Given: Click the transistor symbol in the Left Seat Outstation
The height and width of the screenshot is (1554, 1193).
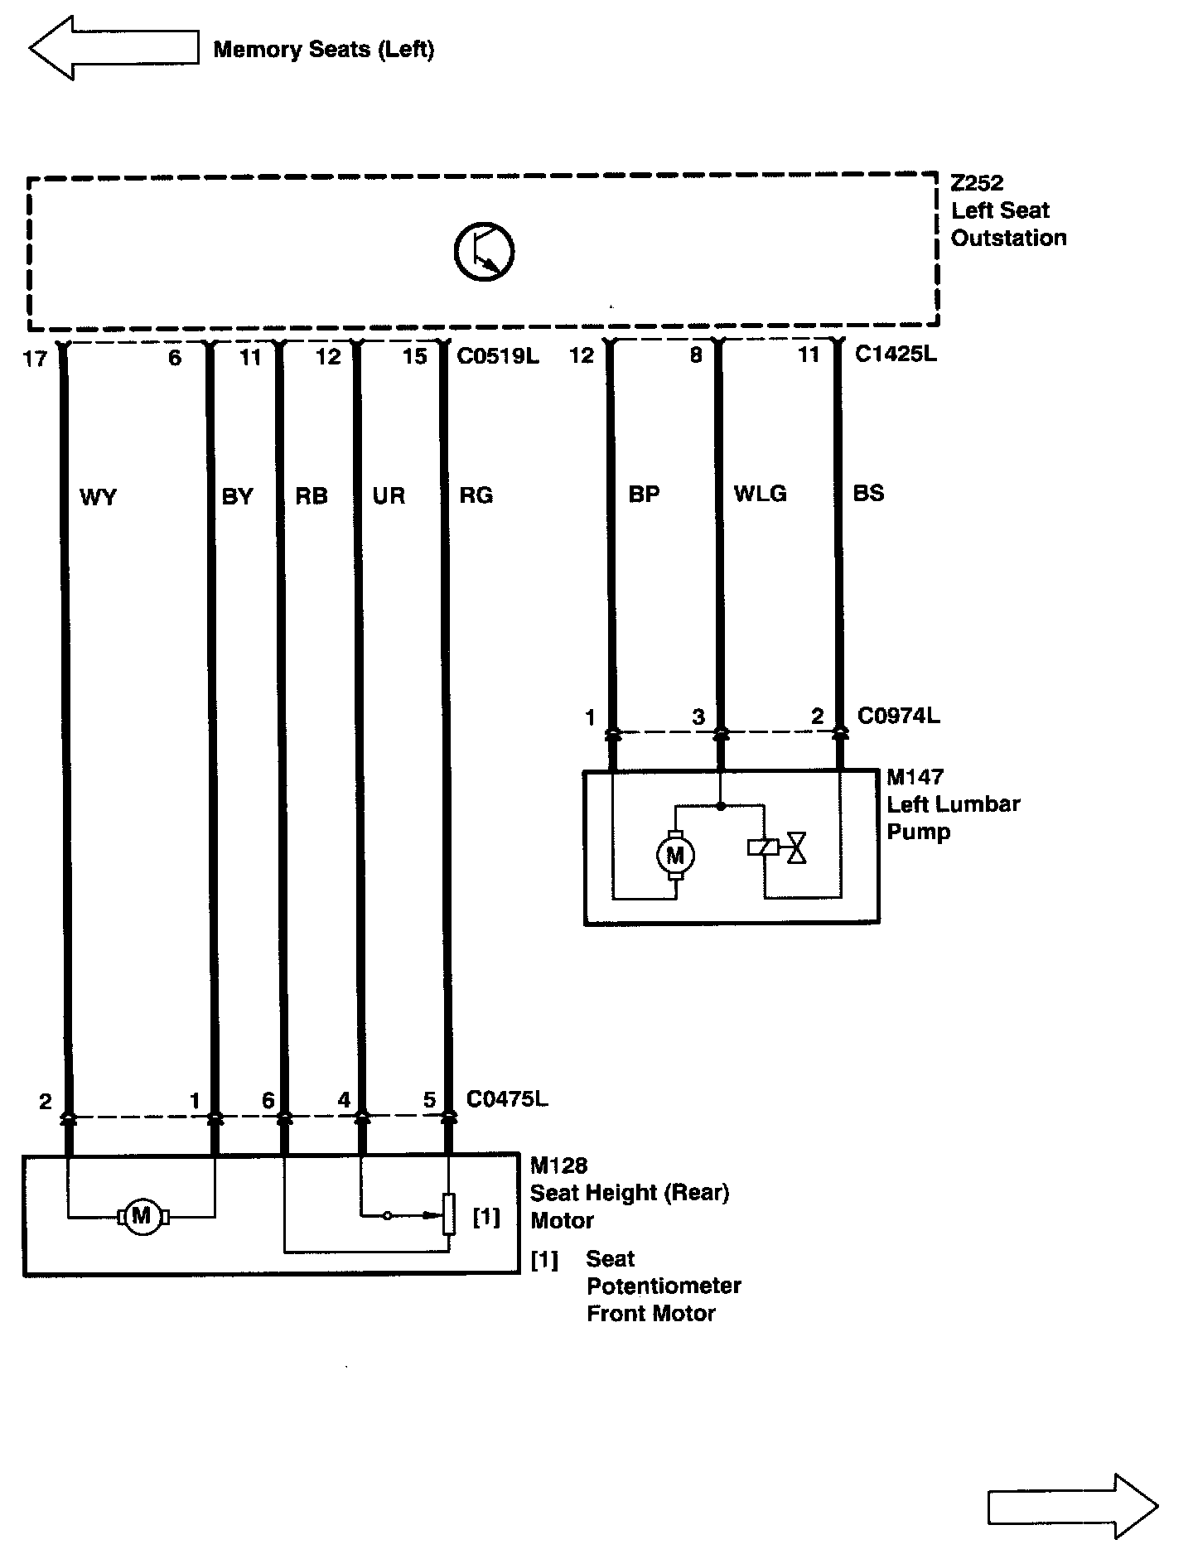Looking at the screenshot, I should [x=485, y=251].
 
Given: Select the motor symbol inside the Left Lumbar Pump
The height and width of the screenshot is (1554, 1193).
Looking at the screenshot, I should [x=675, y=855].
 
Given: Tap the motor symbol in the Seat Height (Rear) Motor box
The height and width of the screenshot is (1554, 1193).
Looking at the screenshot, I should [x=142, y=1216].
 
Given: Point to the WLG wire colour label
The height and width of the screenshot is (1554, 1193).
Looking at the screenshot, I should [x=760, y=494].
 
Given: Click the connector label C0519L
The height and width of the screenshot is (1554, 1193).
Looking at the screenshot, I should [x=498, y=356].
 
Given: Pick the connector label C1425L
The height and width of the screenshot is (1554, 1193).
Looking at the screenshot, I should [x=896, y=355].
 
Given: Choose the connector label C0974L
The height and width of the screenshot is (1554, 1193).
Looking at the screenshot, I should [x=898, y=716].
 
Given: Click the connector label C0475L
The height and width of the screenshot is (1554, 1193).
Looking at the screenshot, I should [x=507, y=1099].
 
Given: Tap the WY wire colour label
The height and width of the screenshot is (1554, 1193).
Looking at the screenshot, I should [x=98, y=497].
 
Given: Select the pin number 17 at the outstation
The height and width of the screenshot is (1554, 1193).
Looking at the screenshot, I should [x=35, y=360].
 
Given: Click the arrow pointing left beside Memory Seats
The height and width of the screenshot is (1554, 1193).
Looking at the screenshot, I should [x=114, y=48].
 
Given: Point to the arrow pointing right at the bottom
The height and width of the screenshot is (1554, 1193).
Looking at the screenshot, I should [x=1073, y=1506].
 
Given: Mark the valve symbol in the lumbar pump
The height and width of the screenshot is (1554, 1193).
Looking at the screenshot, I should [x=797, y=848].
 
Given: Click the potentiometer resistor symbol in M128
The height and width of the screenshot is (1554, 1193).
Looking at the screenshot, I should [x=448, y=1214].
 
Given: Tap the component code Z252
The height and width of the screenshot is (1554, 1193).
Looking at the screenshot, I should [x=977, y=183].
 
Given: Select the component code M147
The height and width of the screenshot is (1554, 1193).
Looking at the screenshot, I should [x=915, y=777].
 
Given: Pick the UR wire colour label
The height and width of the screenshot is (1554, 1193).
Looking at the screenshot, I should [x=389, y=496].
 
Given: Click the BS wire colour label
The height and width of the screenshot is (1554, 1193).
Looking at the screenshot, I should [x=868, y=494].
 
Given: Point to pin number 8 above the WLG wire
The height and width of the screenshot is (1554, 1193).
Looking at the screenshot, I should [x=696, y=355].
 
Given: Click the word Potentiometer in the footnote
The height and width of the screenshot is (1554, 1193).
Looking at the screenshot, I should [x=664, y=1286].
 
